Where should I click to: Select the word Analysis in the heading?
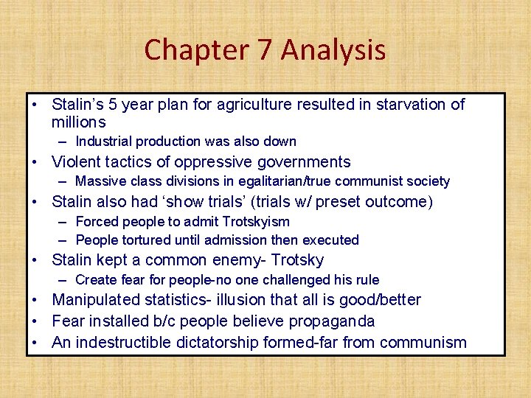point(333,50)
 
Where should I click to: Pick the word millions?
point(78,122)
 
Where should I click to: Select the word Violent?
point(76,162)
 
